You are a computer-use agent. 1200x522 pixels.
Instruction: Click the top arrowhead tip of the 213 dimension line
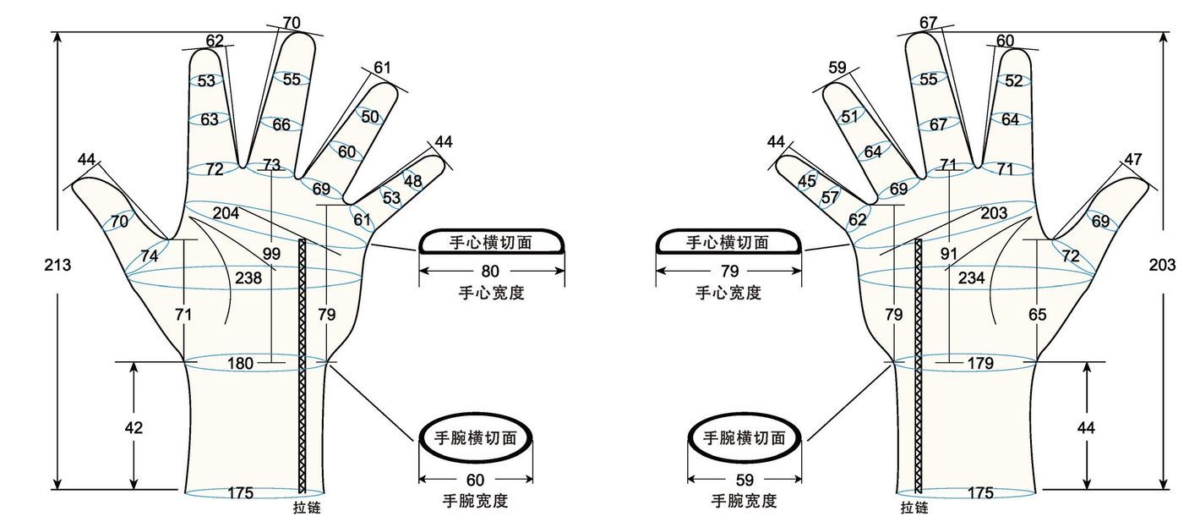tap(57, 32)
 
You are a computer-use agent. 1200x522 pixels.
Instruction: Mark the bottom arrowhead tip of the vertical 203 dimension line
tap(1163, 489)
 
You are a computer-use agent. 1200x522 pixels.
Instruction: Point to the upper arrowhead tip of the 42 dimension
tap(134, 362)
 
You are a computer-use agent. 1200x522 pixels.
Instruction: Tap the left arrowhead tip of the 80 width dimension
tap(419, 271)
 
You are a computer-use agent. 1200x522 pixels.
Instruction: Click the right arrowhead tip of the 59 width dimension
tap(801, 479)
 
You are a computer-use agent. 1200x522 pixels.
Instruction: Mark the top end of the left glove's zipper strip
tap(303, 239)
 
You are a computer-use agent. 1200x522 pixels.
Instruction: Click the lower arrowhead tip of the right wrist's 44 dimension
tap(1087, 489)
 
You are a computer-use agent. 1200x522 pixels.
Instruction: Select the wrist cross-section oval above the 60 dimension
tap(475, 437)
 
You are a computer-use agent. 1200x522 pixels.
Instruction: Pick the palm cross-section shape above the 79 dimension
tap(729, 241)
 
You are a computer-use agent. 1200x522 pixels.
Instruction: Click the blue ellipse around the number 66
tap(281, 124)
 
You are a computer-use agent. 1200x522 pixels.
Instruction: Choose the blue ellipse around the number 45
tap(807, 181)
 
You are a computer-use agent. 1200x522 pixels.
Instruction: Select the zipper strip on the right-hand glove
tap(919, 365)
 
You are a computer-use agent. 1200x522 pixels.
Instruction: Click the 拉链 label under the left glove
tap(308, 507)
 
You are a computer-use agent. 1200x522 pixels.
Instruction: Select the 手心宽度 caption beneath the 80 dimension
tap(491, 293)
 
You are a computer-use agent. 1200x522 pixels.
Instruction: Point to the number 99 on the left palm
tap(271, 253)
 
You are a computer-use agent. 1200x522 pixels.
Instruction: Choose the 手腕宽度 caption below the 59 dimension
tap(745, 501)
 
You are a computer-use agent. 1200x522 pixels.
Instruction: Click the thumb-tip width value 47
tap(1132, 159)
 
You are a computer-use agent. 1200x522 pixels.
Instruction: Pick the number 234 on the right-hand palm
tap(972, 277)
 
